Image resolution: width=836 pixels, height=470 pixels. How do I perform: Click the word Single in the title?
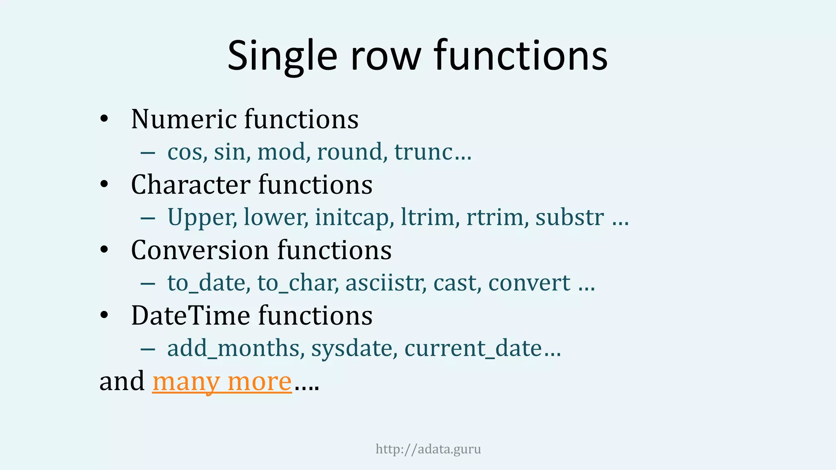pyautogui.click(x=282, y=56)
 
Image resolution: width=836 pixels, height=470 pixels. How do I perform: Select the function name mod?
pyautogui.click(x=281, y=152)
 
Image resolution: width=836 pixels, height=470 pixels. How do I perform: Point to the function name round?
pyautogui.click(x=349, y=152)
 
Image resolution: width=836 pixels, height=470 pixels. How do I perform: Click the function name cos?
pyautogui.click(x=185, y=152)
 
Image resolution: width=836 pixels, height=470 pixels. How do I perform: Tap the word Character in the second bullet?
pyautogui.click(x=190, y=184)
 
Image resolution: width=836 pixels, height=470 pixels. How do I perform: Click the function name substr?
pyautogui.click(x=569, y=217)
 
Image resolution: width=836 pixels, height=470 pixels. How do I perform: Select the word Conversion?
pyautogui.click(x=200, y=250)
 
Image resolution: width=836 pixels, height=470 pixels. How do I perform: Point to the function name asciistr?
pyautogui.click(x=383, y=283)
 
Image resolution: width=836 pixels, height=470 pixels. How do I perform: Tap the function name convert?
pyautogui.click(x=529, y=283)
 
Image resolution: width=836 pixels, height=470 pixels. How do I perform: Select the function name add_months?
pyautogui.click(x=233, y=348)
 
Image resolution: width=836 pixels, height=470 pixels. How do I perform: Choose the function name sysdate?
pyautogui.click(x=351, y=349)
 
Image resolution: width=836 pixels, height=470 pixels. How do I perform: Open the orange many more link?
pyautogui.click(x=222, y=381)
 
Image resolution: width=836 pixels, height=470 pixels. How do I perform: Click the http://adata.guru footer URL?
pyautogui.click(x=428, y=449)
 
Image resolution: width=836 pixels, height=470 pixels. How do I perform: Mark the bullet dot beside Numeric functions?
pyautogui.click(x=104, y=119)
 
